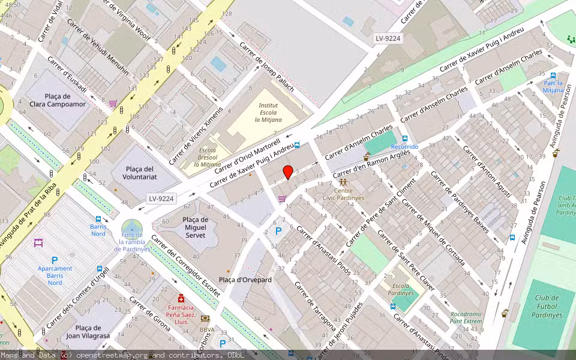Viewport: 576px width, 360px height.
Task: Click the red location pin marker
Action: (x=288, y=172)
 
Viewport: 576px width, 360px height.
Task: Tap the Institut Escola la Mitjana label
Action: (x=268, y=112)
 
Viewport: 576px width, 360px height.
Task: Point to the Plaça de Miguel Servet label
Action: (x=196, y=227)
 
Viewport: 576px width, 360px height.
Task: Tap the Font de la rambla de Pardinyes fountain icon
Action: (x=131, y=227)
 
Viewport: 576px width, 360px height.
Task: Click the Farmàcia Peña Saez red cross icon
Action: (x=181, y=298)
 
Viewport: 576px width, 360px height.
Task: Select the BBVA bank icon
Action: (x=205, y=319)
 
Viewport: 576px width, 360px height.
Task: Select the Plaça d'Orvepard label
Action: (x=245, y=280)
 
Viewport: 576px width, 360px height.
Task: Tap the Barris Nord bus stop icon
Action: (x=98, y=220)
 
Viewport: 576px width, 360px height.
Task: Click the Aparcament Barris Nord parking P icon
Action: (x=55, y=260)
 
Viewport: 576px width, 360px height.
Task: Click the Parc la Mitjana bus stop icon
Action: (x=553, y=76)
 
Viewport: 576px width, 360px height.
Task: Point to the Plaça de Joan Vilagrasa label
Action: (x=88, y=332)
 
